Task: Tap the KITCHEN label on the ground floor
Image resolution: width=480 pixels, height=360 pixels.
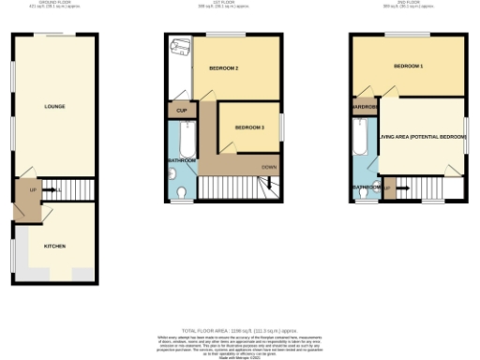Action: point(54,246)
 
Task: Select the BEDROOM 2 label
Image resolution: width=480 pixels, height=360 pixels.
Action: point(223,69)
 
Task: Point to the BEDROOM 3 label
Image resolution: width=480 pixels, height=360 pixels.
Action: point(249,127)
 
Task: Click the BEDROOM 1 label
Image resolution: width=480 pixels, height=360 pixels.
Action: point(409,67)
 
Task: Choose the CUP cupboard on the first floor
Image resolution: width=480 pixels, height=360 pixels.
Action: point(181,111)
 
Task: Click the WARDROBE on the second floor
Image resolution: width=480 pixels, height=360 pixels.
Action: point(365,106)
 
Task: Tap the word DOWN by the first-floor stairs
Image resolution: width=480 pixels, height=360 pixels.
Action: point(269,167)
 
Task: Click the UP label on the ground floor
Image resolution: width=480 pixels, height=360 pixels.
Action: point(34,189)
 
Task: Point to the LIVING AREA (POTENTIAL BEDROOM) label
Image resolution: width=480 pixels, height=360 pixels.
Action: point(422,137)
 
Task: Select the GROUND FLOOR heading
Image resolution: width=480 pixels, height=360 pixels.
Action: point(54,4)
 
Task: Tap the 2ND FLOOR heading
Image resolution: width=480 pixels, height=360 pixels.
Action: point(409,4)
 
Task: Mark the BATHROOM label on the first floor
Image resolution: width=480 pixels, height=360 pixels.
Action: point(182,161)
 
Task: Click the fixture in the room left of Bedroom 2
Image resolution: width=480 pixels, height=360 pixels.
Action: point(180,47)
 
